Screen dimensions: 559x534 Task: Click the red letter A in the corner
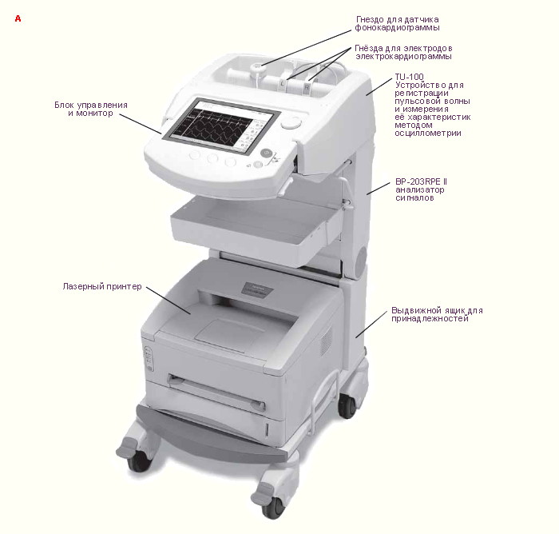[18, 18]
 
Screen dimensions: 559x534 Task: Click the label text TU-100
[409, 77]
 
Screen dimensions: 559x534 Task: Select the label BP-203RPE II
[421, 181]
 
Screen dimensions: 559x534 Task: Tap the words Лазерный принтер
[102, 287]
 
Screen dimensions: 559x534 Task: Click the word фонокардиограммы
[397, 28]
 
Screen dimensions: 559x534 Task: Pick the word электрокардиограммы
[403, 57]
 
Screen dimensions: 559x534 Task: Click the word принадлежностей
[430, 319]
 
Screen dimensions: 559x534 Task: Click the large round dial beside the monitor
[291, 123]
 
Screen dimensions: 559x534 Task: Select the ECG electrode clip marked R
[307, 85]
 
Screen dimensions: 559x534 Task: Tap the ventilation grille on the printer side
[326, 341]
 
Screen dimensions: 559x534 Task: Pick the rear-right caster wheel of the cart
[347, 406]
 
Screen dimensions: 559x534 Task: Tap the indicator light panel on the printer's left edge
[149, 359]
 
